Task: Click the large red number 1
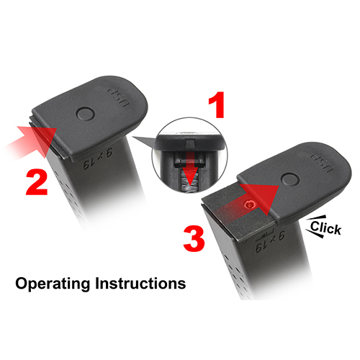217,105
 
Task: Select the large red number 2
37,182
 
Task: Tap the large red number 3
194,239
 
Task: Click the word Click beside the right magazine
325,228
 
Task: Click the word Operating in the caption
53,284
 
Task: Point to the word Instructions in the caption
140,283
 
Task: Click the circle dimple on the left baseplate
85,114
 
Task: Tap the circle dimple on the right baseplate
290,179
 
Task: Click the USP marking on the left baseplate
119,98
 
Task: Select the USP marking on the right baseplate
323,163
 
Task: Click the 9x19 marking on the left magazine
98,158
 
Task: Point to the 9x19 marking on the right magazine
270,241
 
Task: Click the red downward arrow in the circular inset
189,172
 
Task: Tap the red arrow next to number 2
31,142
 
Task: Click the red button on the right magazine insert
250,204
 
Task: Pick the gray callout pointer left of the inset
145,142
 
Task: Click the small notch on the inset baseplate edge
189,144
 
